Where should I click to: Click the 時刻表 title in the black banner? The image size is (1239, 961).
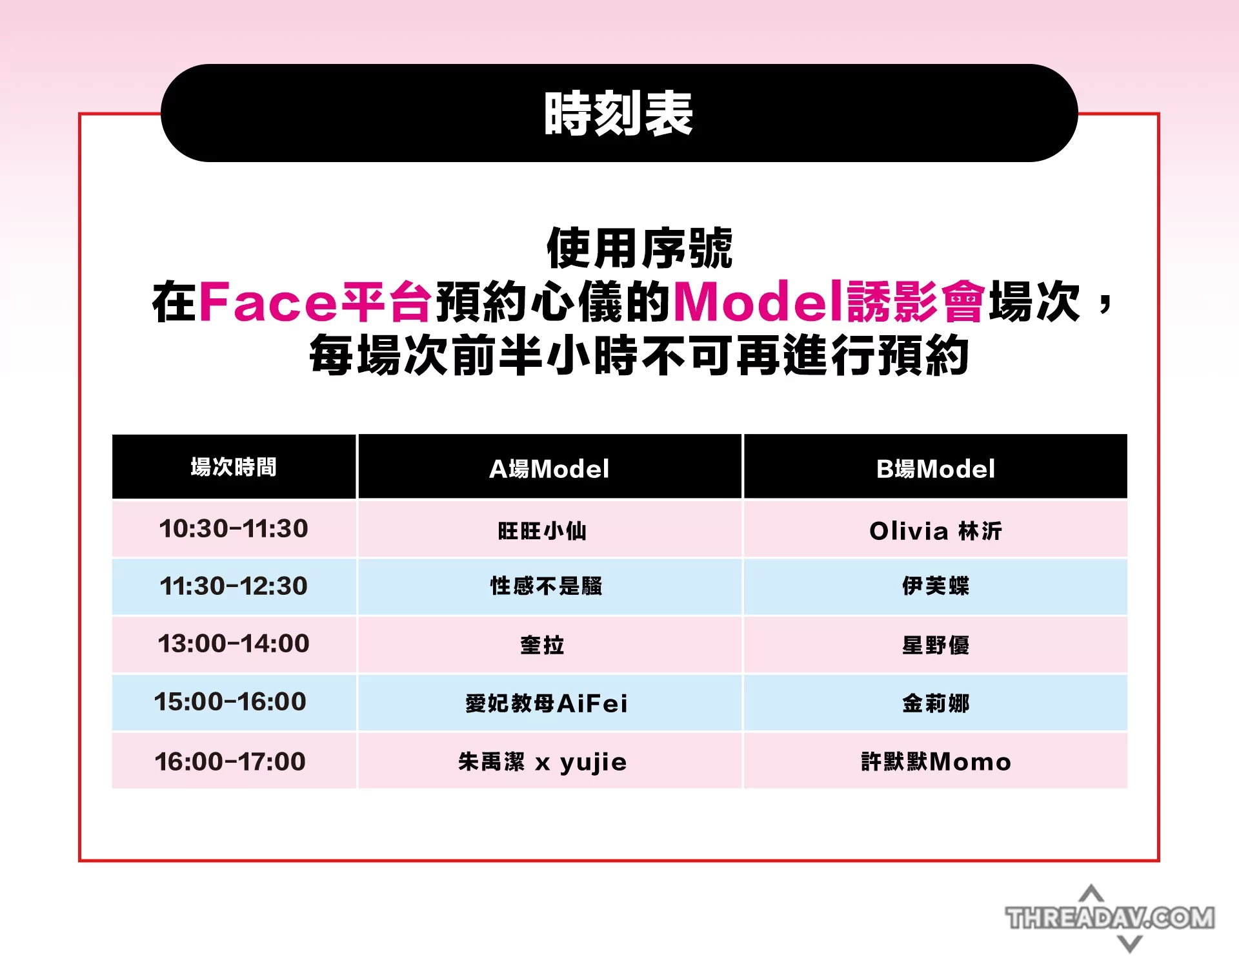point(618,114)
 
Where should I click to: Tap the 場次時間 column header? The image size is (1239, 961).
point(234,466)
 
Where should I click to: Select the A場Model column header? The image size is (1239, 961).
point(549,468)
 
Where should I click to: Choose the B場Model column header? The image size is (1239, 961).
point(935,468)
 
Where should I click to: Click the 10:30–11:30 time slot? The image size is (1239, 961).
point(234,528)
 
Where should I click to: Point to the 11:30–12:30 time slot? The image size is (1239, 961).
point(234,586)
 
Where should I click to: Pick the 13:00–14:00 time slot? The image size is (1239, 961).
point(234,643)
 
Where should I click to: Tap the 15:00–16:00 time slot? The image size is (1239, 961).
point(230,701)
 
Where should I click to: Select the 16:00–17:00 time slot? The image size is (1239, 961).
point(230,761)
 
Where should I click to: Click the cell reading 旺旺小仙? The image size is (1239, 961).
point(542,531)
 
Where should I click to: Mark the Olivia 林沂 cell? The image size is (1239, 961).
point(936,531)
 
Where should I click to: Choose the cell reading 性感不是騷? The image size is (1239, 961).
point(546,586)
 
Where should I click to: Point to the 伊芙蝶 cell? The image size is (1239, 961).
point(936,586)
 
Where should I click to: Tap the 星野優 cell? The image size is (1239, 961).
point(936,645)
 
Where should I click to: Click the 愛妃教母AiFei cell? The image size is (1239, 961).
point(547,703)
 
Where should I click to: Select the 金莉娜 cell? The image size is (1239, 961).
point(936,703)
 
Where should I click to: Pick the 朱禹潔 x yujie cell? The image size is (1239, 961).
point(542,762)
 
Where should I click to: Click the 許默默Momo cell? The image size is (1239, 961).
point(936,761)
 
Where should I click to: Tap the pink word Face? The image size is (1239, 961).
point(268,301)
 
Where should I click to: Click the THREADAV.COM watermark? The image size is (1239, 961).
point(1110,918)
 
